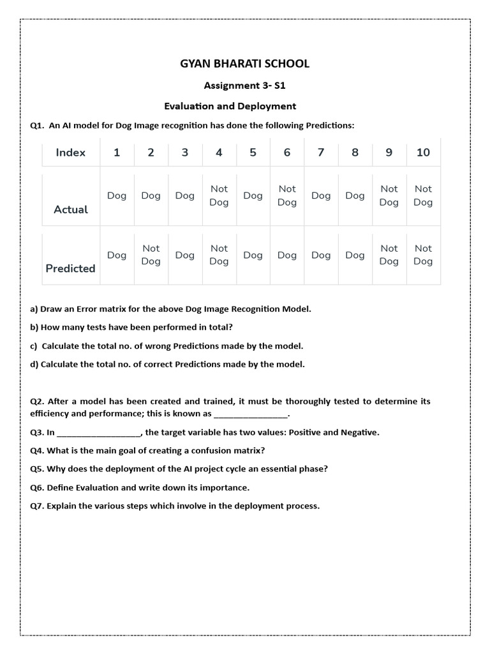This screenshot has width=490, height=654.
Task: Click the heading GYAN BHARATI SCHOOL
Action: click(x=245, y=63)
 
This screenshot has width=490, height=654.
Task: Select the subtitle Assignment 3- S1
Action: click(x=244, y=86)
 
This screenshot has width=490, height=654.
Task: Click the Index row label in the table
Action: click(x=70, y=152)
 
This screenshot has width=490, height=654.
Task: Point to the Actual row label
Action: click(x=71, y=209)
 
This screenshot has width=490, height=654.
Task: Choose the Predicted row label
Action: click(x=70, y=268)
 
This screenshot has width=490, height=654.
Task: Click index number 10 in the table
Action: click(x=423, y=152)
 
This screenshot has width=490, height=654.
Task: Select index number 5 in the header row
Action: click(x=253, y=152)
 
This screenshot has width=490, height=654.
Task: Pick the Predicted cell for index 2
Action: click(x=151, y=255)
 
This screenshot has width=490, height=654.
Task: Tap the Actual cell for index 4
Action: click(x=219, y=195)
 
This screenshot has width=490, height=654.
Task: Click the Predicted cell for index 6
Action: click(x=287, y=255)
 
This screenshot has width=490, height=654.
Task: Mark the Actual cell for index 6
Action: click(x=287, y=195)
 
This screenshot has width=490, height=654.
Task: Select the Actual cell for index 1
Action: click(x=117, y=195)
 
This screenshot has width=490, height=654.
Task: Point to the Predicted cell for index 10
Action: click(x=423, y=255)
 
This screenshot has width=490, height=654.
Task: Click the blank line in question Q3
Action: click(x=98, y=433)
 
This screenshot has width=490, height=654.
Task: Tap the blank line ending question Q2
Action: click(x=251, y=414)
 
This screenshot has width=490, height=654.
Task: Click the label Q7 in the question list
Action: click(x=37, y=506)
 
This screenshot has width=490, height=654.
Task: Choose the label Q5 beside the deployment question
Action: click(x=37, y=469)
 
